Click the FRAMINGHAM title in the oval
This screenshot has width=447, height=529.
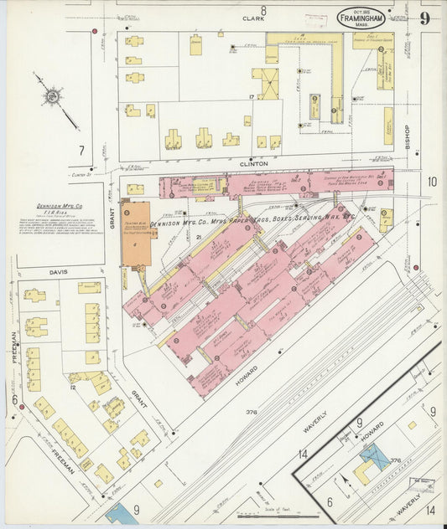pyautogui.click(x=362, y=17)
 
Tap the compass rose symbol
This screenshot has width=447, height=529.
pyautogui.click(x=52, y=97)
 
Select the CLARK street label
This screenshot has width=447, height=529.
pyautogui.click(x=252, y=18)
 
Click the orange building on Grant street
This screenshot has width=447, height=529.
pyautogui.click(x=138, y=234)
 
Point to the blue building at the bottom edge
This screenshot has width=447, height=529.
pyautogui.click(x=122, y=514)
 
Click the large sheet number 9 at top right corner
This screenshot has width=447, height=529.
pyautogui.click(x=426, y=18)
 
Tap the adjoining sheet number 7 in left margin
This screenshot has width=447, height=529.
pyautogui.click(x=81, y=151)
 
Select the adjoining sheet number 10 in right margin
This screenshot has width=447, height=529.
pyautogui.click(x=431, y=182)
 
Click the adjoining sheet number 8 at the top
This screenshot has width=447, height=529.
pyautogui.click(x=262, y=10)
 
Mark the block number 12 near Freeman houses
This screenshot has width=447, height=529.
pyautogui.click(x=74, y=387)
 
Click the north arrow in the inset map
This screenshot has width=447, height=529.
pyautogui.click(x=345, y=483)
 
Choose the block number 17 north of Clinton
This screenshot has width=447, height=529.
pyautogui.click(x=251, y=99)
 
